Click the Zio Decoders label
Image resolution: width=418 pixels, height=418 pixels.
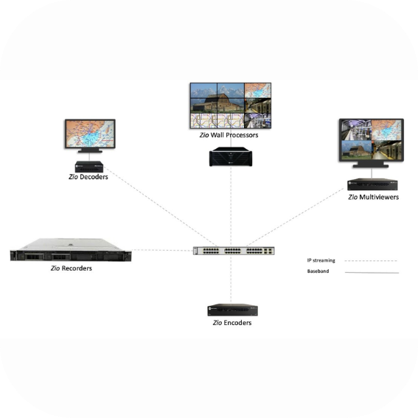(x=88, y=177)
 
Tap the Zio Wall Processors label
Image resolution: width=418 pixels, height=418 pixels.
(x=229, y=135)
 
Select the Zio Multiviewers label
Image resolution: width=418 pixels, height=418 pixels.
(x=373, y=197)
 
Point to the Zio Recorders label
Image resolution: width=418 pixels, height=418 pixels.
(x=72, y=268)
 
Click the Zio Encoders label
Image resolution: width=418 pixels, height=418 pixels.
(x=232, y=323)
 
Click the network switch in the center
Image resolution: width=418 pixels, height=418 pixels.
(x=234, y=251)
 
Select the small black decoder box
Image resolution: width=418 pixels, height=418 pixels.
(x=89, y=167)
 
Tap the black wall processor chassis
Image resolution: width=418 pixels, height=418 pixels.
(x=231, y=157)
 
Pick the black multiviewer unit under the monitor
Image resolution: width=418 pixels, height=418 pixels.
(x=372, y=184)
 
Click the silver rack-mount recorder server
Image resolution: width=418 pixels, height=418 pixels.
(x=71, y=250)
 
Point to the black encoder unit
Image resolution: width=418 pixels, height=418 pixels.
(x=232, y=310)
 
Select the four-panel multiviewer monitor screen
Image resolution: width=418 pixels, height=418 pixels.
(x=372, y=140)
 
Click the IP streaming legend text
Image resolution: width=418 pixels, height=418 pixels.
(x=321, y=260)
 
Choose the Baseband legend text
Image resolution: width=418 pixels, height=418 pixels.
(x=318, y=271)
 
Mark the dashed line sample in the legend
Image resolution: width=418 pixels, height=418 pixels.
(x=371, y=261)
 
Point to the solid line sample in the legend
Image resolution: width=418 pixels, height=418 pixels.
(x=372, y=273)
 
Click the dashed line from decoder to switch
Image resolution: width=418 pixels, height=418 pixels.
(x=160, y=206)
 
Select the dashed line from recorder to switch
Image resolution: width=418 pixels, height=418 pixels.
(x=162, y=251)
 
